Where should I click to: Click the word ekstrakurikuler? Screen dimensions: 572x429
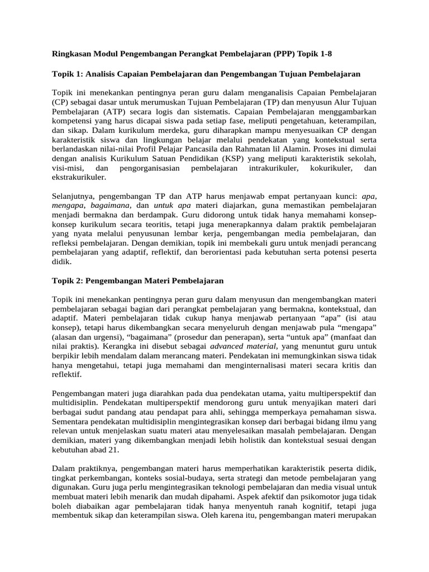[x=79, y=177]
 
